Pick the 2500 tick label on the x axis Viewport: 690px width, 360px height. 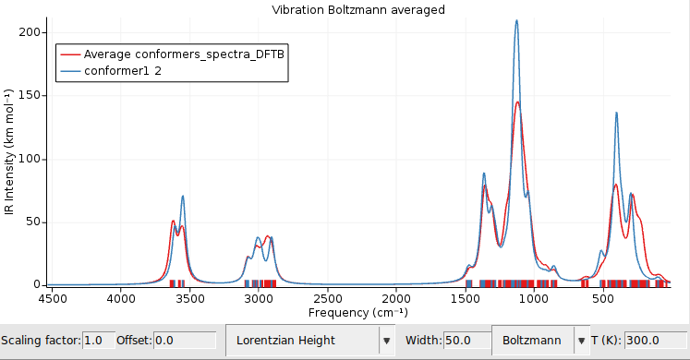327,298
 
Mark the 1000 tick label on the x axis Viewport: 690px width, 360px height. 534,298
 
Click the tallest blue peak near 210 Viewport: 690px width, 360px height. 516,20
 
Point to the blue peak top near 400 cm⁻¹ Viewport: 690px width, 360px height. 616,113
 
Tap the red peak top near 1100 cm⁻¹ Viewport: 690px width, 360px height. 518,102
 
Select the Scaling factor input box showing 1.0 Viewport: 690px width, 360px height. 98,340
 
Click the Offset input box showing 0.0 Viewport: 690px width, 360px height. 184,340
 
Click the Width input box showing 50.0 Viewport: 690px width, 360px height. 466,340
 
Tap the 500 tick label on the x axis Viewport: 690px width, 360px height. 602,298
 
